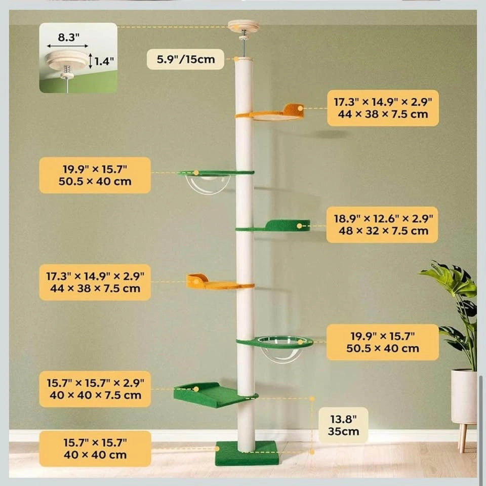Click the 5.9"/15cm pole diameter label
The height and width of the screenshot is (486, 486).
(185, 59)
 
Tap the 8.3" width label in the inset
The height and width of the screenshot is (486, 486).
(68, 37)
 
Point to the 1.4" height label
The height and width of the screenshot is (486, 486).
(104, 61)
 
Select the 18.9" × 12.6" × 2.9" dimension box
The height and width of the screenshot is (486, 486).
(382, 225)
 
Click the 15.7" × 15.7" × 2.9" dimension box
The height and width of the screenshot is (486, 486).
(95, 389)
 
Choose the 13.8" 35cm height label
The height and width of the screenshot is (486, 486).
(343, 425)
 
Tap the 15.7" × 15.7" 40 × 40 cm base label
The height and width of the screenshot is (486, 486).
(95, 449)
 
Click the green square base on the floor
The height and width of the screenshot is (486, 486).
(247, 454)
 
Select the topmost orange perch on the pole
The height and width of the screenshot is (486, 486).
(270, 113)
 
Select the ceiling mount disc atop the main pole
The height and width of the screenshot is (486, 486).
(244, 26)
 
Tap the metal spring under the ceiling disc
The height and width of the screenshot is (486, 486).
(244, 32)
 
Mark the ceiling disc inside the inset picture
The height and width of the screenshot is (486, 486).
(67, 60)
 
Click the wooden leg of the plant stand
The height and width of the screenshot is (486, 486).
(462, 437)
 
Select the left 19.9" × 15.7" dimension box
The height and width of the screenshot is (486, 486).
(95, 175)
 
